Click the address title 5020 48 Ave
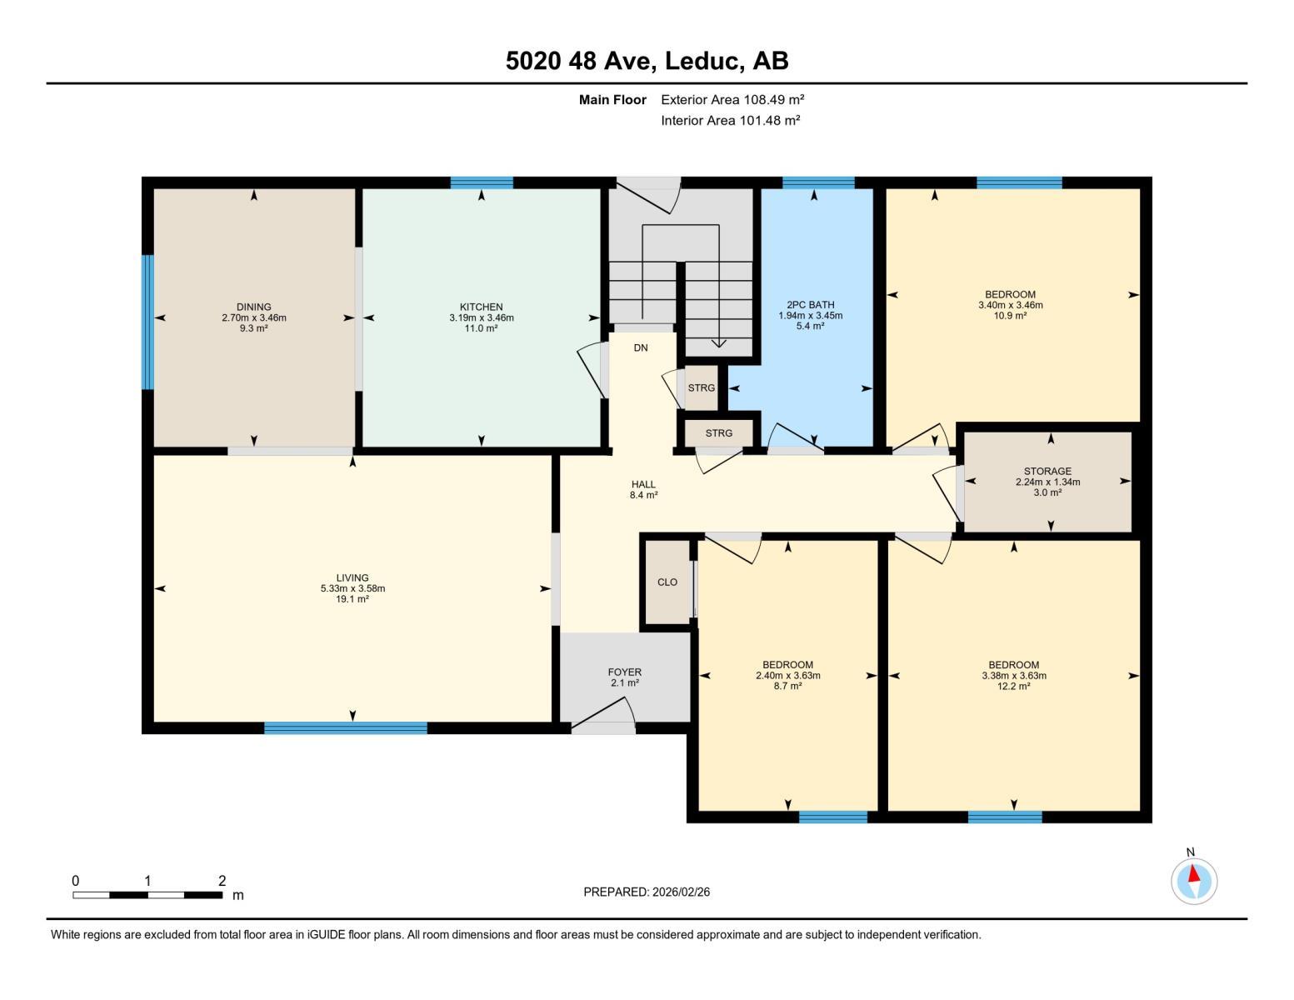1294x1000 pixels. point(647,61)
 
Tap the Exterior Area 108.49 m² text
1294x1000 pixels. point(732,99)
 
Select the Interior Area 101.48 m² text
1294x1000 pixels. point(730,120)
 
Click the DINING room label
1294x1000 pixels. point(253,307)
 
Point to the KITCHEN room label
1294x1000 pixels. point(481,307)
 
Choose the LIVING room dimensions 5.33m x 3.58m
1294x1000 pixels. point(352,588)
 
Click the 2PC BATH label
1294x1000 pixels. point(810,305)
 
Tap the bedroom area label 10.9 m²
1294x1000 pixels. point(1010,316)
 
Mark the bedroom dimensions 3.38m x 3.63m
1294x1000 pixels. point(1013,676)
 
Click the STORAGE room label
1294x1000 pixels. point(1047,471)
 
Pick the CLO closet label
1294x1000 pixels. point(667,582)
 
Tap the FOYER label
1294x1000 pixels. point(624,672)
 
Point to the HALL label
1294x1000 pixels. point(643,484)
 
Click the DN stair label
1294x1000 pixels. point(640,347)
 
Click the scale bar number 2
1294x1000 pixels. point(222,881)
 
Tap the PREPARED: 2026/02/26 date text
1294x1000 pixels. point(647,892)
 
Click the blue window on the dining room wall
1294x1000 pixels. point(147,322)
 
